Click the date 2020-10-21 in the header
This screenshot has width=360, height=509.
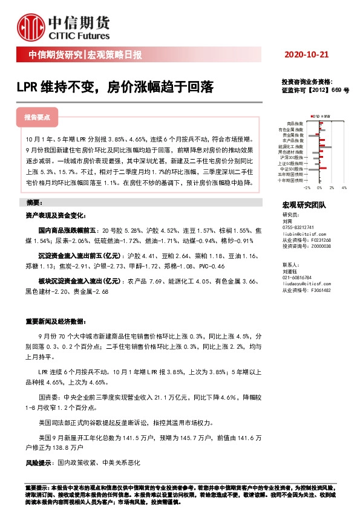pyautogui.click(x=307, y=54)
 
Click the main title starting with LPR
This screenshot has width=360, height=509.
pyautogui.click(x=115, y=88)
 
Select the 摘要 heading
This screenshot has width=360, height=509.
pyautogui.click(x=36, y=201)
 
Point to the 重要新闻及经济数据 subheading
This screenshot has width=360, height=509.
pyautogui.click(x=56, y=321)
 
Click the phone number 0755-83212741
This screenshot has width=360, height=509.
pyautogui.click(x=299, y=227)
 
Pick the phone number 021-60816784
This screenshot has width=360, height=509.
pyautogui.click(x=298, y=277)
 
